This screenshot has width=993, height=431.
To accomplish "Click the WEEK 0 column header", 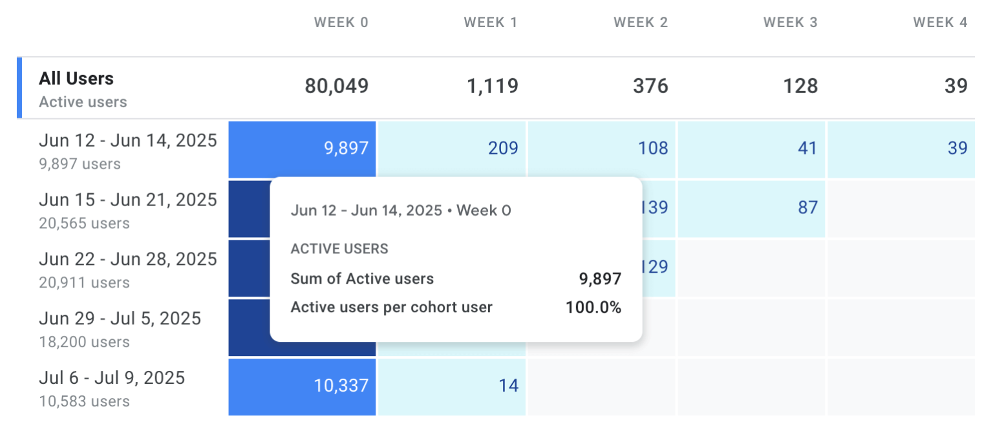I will pyautogui.click(x=341, y=23).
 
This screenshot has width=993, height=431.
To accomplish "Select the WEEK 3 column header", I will pyautogui.click(x=790, y=23).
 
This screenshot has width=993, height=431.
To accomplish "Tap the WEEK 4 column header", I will pyautogui.click(x=940, y=23).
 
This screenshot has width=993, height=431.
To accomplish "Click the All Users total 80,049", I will pyautogui.click(x=336, y=86).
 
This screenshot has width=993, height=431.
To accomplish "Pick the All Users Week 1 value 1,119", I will pyautogui.click(x=493, y=86).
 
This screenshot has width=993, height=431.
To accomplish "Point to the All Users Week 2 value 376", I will pyautogui.click(x=650, y=86).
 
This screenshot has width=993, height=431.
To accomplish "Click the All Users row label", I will pyautogui.click(x=76, y=79).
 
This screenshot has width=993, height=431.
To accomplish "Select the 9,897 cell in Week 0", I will pyautogui.click(x=346, y=149).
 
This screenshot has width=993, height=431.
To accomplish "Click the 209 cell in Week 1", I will pyautogui.click(x=503, y=149).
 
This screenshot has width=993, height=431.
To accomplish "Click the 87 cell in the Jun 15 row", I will pyautogui.click(x=807, y=207).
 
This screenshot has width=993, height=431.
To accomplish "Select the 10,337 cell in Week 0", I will pyautogui.click(x=341, y=386).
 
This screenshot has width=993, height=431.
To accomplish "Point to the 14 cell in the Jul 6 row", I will pyautogui.click(x=508, y=386).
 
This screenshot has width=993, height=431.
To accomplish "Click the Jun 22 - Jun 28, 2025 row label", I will pyautogui.click(x=128, y=259).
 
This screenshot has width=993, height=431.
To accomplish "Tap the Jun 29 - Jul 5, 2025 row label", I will pyautogui.click(x=120, y=319).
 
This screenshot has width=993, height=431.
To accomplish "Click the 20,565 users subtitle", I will pyautogui.click(x=84, y=224).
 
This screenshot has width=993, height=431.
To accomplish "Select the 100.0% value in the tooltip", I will pyautogui.click(x=593, y=308).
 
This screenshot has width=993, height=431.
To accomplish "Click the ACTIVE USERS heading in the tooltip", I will pyautogui.click(x=339, y=249).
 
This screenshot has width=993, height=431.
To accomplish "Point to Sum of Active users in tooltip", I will pyautogui.click(x=362, y=279).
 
